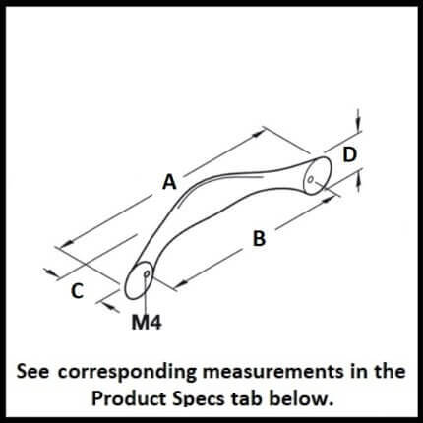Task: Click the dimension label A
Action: click(x=169, y=182)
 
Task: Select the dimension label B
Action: click(x=259, y=238)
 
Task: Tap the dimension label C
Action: click(x=77, y=291)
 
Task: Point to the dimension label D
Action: click(x=349, y=154)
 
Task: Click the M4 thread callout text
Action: click(x=147, y=323)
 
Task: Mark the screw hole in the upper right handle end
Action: click(x=310, y=179)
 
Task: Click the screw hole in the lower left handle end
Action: click(x=148, y=273)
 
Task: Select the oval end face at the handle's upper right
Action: click(x=318, y=175)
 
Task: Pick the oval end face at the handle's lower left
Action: click(x=139, y=280)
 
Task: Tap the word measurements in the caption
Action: click(x=272, y=372)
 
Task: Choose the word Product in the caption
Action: click(x=129, y=399)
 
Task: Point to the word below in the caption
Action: click(x=299, y=398)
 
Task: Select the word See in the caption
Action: click(x=33, y=372)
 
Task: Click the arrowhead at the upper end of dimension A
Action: click(x=258, y=133)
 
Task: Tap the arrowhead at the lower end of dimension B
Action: click(x=180, y=283)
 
